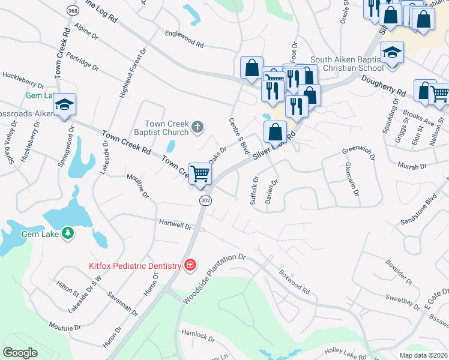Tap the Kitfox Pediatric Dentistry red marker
pos(190,265)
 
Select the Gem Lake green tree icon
pos(68,232)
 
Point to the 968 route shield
pos(73,11)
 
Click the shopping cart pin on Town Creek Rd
pos(200,173)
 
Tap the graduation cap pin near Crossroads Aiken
pos(64,104)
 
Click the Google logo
pos(20,353)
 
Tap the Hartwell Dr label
pos(175,224)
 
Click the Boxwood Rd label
pos(294,281)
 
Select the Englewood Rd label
pos(184,40)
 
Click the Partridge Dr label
pos(83,59)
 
